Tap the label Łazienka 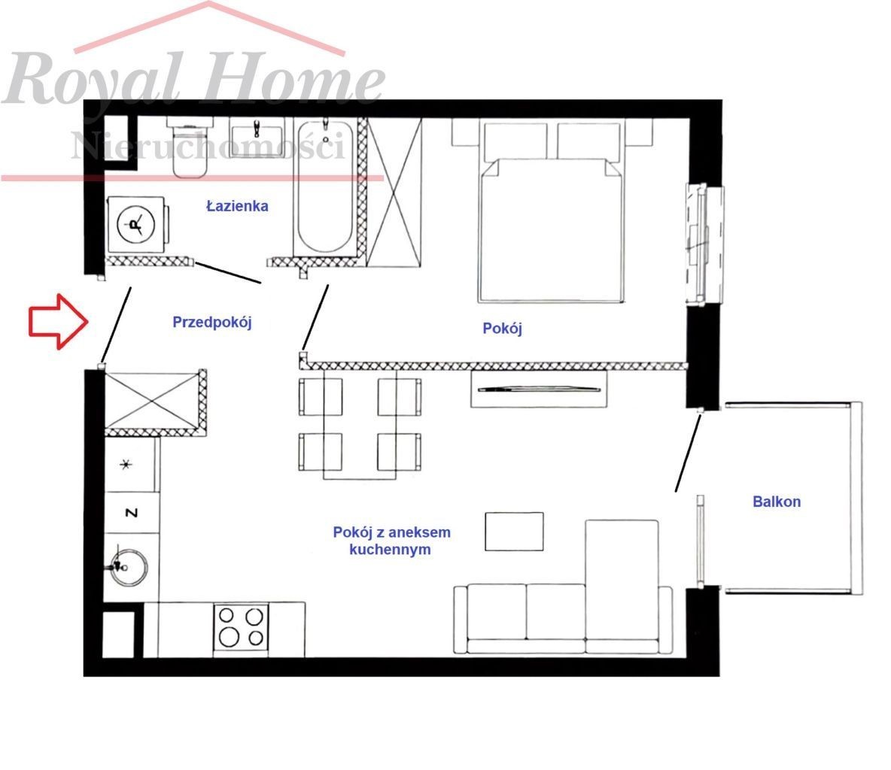click(x=237, y=205)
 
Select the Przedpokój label click(x=212, y=323)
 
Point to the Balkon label click(x=776, y=502)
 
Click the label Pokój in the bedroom click(x=503, y=328)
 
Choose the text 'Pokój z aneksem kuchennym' click(x=391, y=541)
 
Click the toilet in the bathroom click(x=190, y=147)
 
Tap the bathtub click(x=325, y=186)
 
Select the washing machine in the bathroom click(x=137, y=225)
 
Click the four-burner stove click(x=241, y=627)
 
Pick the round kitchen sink click(x=129, y=567)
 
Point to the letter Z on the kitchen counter click(x=131, y=513)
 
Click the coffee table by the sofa click(x=514, y=532)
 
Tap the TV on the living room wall click(x=539, y=389)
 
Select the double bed click(x=551, y=210)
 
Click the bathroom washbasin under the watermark click(x=257, y=137)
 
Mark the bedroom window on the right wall click(x=704, y=244)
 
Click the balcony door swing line click(x=688, y=453)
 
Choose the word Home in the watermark click(x=292, y=80)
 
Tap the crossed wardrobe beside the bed click(x=394, y=192)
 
